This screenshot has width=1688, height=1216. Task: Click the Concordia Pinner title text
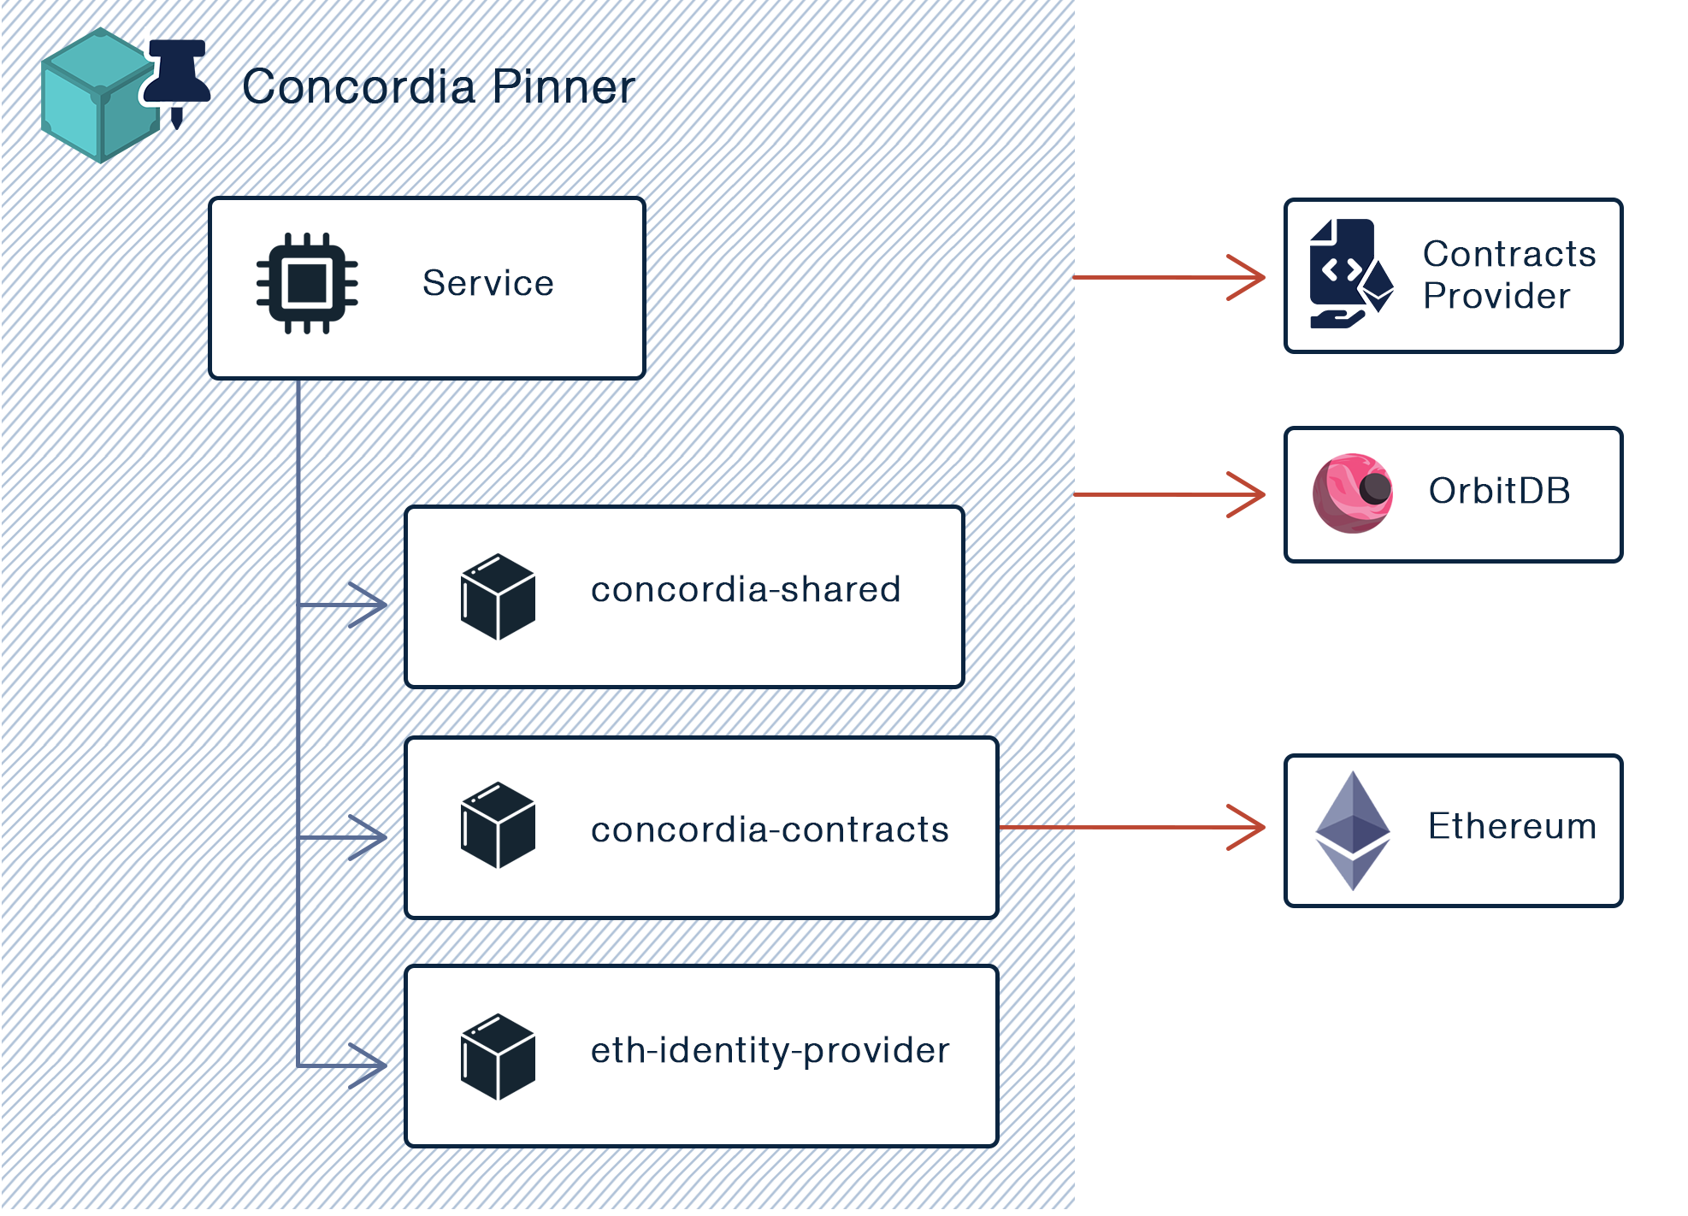tap(439, 86)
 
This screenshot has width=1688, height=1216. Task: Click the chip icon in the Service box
tap(307, 283)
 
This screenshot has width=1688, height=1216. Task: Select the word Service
tap(487, 283)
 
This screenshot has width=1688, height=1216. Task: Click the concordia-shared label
tap(746, 589)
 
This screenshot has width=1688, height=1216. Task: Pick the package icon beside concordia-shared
tap(498, 597)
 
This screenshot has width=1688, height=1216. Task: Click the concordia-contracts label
tap(770, 829)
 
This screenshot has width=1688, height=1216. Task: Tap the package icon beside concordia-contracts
tap(498, 825)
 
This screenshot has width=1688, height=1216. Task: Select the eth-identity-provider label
tap(770, 1050)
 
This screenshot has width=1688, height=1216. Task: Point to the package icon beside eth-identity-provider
tap(498, 1057)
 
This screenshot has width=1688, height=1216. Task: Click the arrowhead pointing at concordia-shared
tap(369, 605)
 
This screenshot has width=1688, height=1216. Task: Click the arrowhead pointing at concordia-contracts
tap(369, 836)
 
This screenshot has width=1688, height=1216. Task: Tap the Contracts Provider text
tap(1509, 274)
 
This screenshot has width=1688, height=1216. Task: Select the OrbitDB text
tap(1499, 491)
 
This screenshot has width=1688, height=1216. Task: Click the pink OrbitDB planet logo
tap(1353, 493)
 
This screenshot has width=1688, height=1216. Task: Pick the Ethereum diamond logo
tap(1352, 830)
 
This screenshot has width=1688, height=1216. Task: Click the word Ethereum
tap(1512, 826)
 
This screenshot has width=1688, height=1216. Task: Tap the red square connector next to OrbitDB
tap(1245, 494)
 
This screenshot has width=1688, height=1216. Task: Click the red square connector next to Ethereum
tap(1245, 827)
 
